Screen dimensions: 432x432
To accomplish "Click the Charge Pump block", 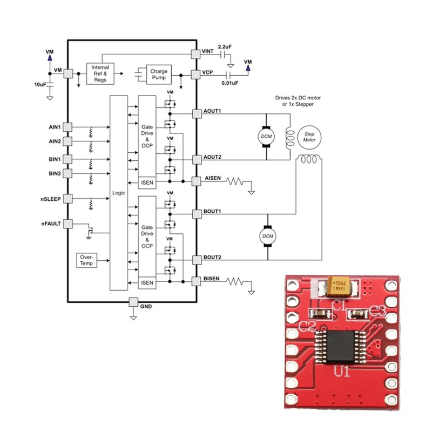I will (159, 75).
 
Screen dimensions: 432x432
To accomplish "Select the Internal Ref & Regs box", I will (100, 73).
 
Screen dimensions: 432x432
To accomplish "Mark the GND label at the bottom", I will (146, 307).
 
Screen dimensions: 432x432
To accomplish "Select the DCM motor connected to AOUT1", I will (266, 137).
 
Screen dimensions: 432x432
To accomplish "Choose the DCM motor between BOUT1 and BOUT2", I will (267, 235).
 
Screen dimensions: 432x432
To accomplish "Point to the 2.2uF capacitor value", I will (225, 46).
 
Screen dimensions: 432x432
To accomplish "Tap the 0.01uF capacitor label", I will (230, 84).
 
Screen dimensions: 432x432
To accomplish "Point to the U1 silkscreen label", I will (341, 373).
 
